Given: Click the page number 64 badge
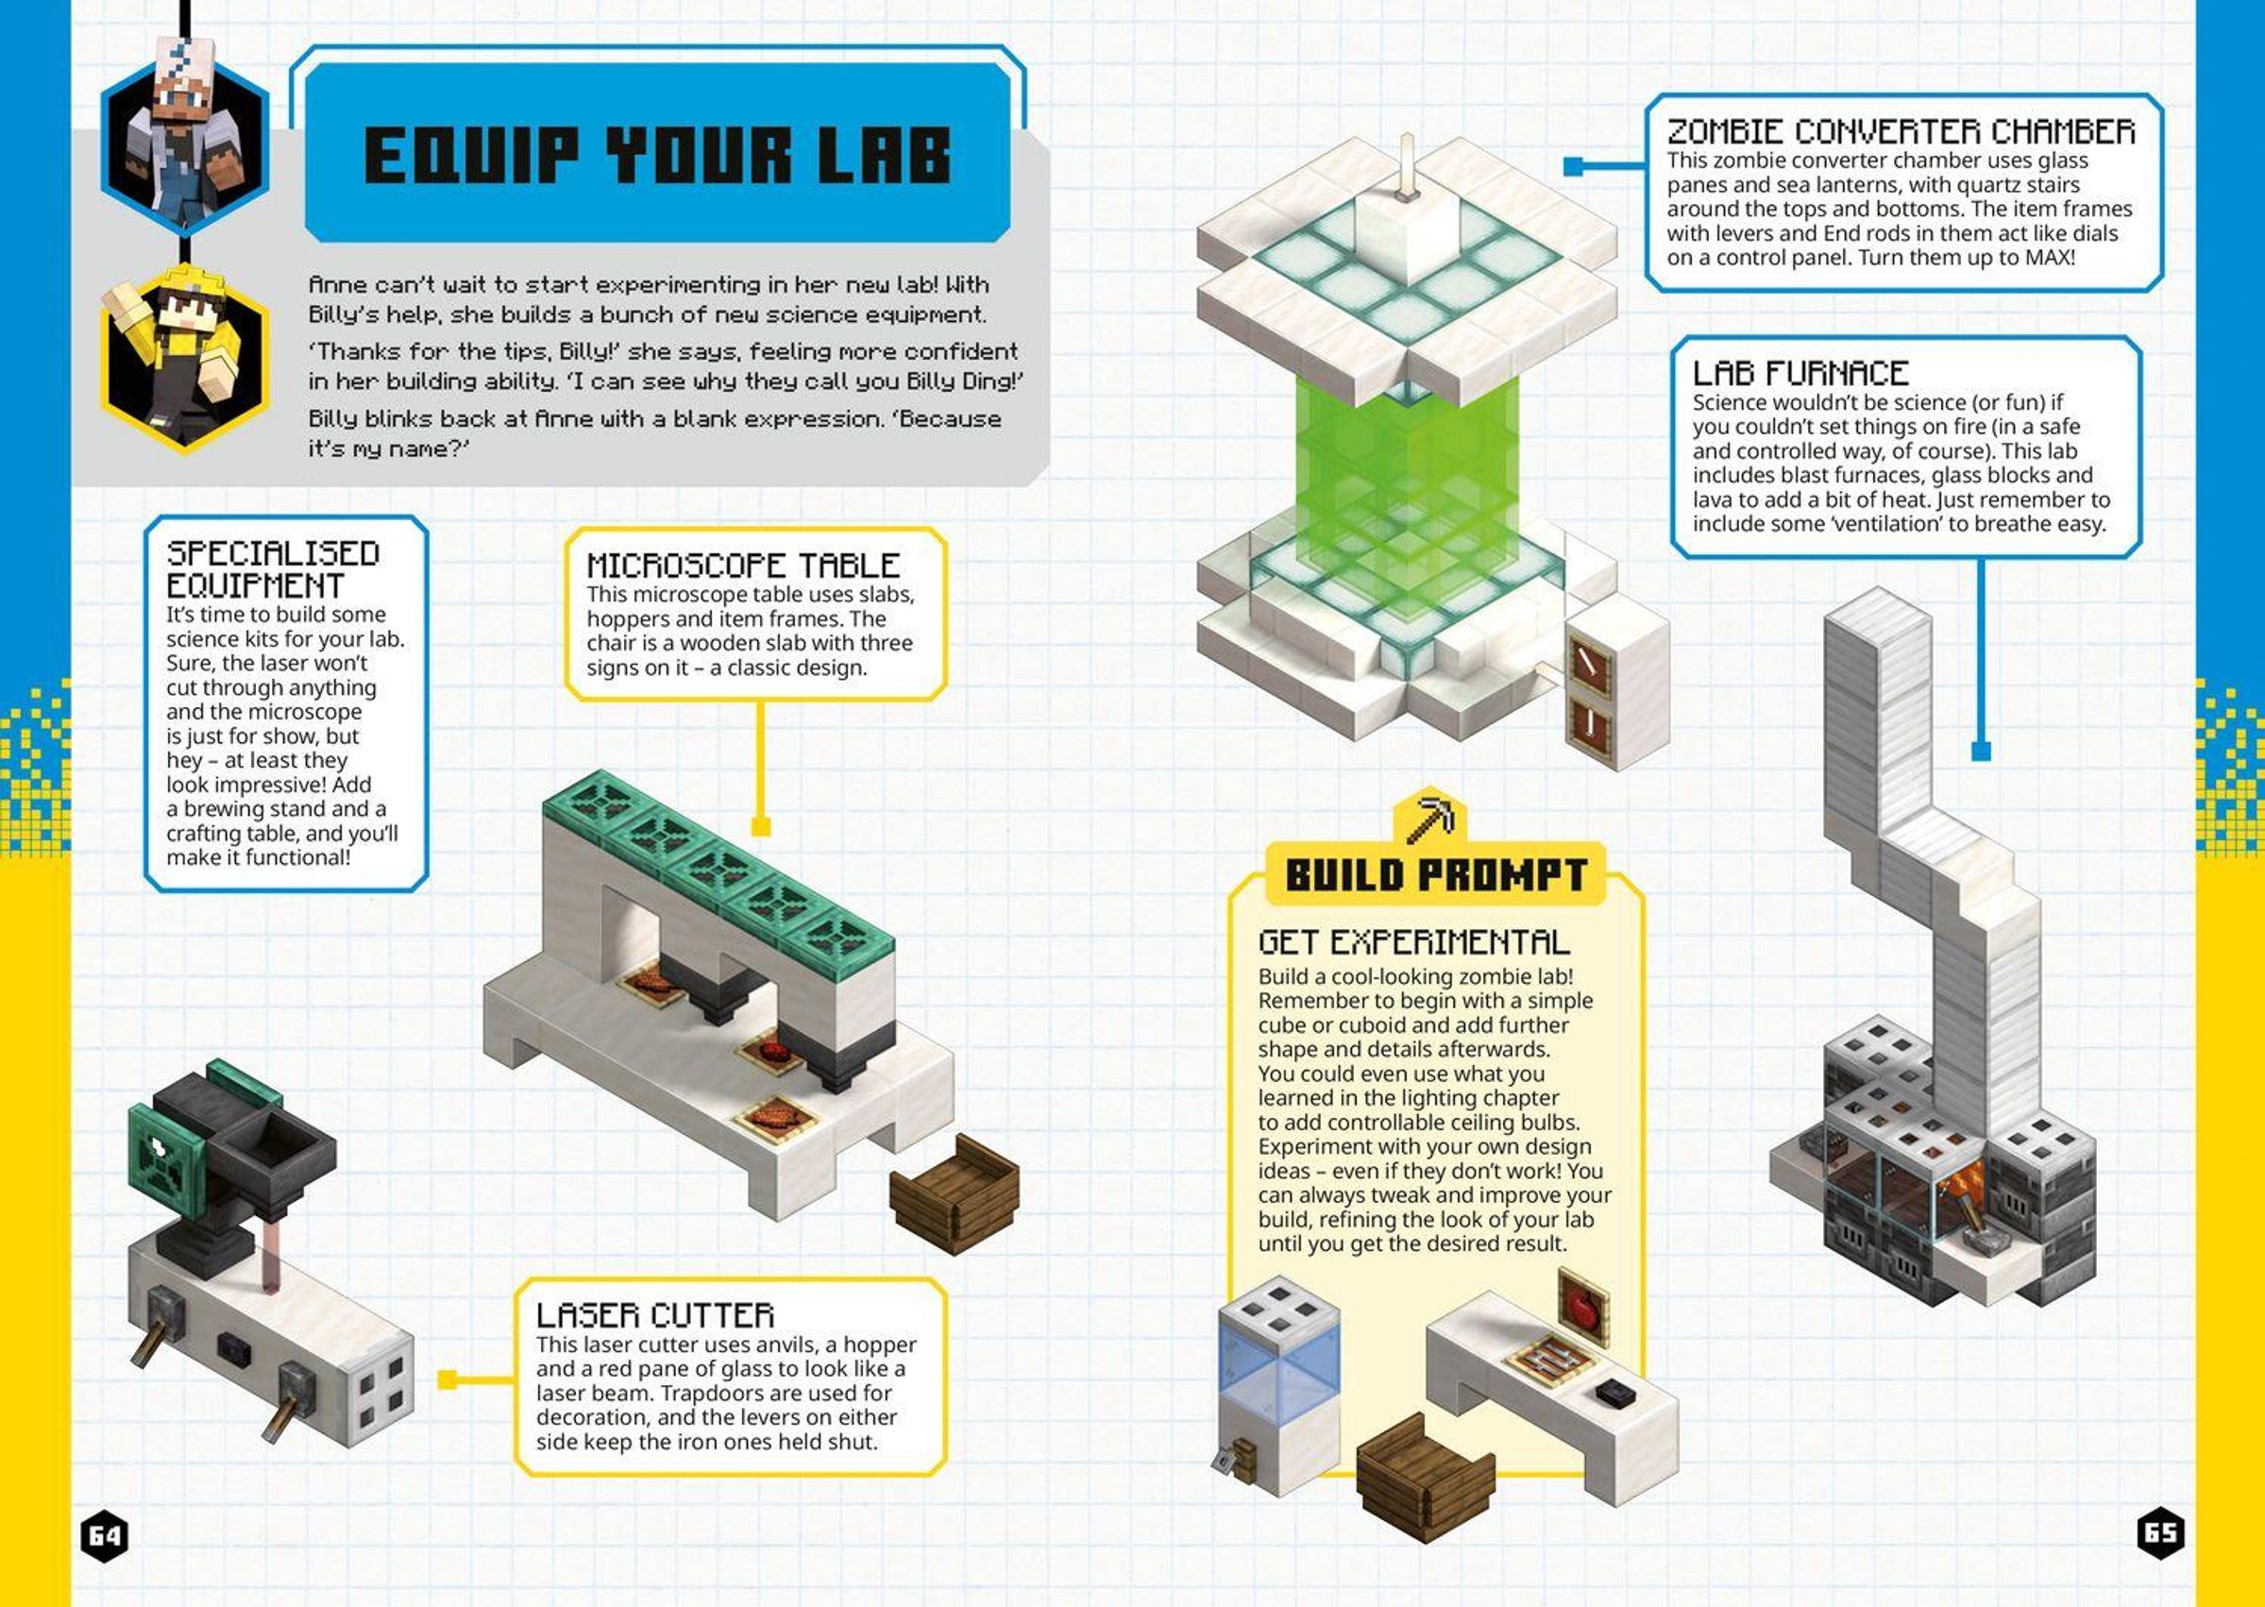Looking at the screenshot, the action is pyautogui.click(x=104, y=1534).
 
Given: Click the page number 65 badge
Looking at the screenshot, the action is pyautogui.click(x=2161, y=1532).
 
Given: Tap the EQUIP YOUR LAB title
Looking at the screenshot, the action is pyautogui.click(x=658, y=156).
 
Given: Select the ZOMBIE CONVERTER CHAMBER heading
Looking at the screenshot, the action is pyautogui.click(x=1901, y=131).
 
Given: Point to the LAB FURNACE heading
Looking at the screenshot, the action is pyautogui.click(x=1800, y=373).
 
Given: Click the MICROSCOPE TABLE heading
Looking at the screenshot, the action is pyautogui.click(x=743, y=565).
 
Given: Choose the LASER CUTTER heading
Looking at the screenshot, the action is pyautogui.click(x=655, y=1315).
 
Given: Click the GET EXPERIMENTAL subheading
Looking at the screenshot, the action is pyautogui.click(x=1414, y=941).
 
